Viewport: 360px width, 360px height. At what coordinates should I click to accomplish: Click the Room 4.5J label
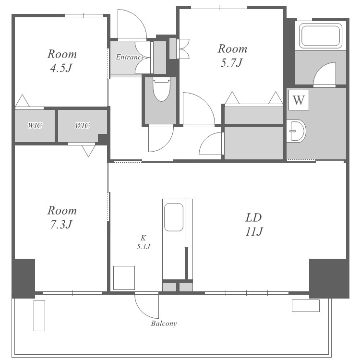click(x=62, y=61)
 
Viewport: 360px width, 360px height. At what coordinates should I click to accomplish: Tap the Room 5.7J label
click(x=232, y=56)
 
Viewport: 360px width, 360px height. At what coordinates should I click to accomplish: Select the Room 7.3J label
click(x=62, y=217)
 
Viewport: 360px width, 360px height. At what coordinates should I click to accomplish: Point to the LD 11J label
click(x=254, y=224)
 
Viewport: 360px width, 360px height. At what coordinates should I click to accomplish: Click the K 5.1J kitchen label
click(x=144, y=242)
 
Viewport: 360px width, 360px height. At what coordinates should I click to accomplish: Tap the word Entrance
click(x=130, y=57)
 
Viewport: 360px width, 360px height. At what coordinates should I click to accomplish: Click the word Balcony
click(x=164, y=324)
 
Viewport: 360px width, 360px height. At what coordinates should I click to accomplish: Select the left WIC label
click(x=35, y=126)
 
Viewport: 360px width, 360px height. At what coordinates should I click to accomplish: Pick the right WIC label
click(x=83, y=126)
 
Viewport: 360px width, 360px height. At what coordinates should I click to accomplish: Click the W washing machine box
click(x=299, y=100)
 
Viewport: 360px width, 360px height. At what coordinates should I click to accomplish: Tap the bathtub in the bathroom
click(x=321, y=36)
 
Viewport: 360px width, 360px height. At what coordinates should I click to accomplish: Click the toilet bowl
click(x=161, y=90)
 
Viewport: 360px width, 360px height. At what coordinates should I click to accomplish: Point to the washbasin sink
click(x=296, y=131)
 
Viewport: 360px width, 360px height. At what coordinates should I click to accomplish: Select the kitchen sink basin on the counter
click(x=174, y=217)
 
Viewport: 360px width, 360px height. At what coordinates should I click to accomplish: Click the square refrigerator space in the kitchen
click(x=124, y=278)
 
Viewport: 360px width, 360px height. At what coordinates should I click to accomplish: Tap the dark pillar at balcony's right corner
click(x=329, y=278)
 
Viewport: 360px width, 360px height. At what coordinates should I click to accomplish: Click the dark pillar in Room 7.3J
click(x=24, y=278)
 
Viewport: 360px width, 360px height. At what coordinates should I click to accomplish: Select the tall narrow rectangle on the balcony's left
click(x=39, y=315)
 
